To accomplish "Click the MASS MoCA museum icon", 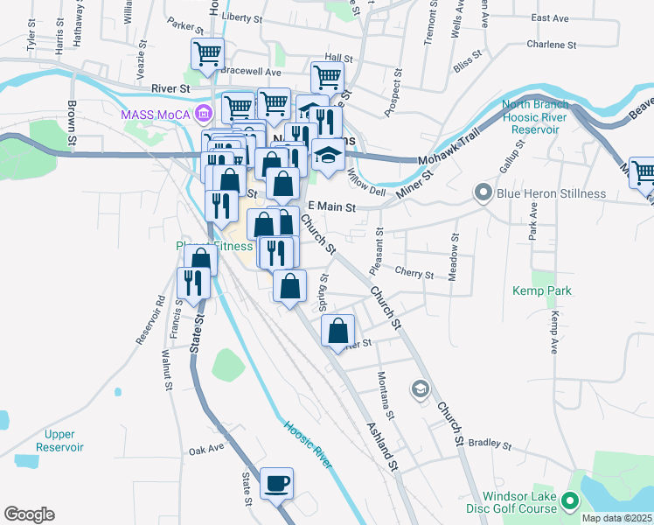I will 204,113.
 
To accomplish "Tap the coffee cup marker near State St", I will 276,484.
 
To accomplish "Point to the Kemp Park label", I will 536,290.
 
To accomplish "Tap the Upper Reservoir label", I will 59,440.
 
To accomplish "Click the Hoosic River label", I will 309,444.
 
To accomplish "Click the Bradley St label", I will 489,444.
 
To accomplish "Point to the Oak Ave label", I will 206,451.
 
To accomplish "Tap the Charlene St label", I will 551,44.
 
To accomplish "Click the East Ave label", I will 550,17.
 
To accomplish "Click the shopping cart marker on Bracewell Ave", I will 207,54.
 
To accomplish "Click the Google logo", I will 29,514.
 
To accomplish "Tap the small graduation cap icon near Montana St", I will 420,388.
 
